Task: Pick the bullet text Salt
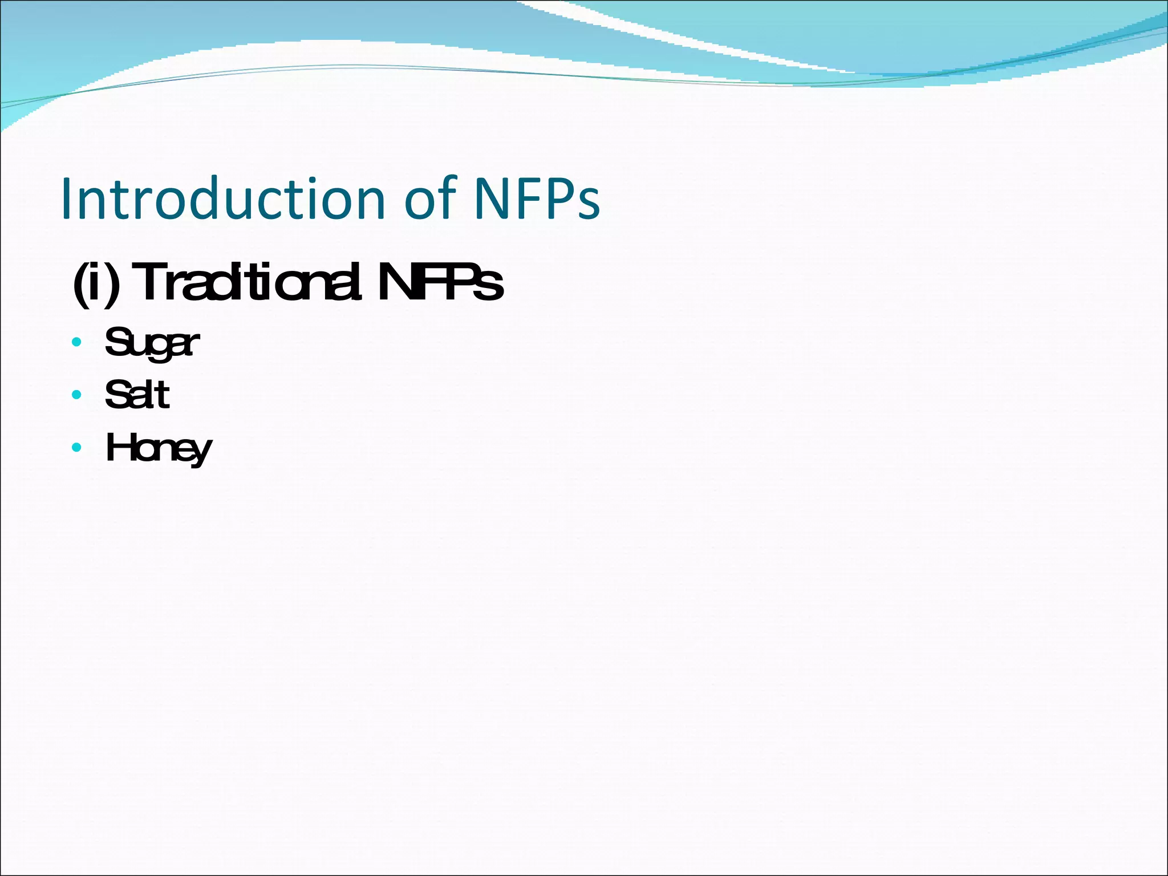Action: [137, 395]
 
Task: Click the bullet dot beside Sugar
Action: [77, 342]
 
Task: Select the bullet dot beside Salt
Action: [77, 395]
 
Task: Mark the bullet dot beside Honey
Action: [77, 447]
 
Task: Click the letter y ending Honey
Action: [201, 453]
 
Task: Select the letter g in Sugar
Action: [162, 348]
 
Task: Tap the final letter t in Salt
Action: [163, 395]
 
